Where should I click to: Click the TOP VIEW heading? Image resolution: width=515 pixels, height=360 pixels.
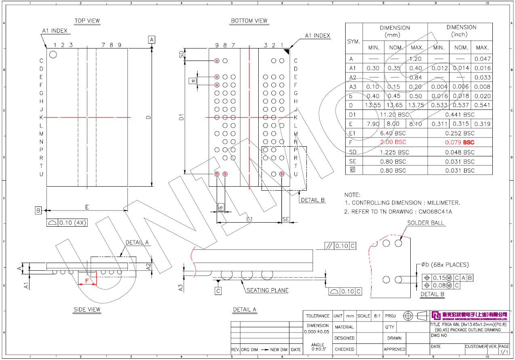87,21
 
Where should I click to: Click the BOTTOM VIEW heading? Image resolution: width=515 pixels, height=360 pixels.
249,21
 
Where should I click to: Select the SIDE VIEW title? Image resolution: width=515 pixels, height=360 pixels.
87,310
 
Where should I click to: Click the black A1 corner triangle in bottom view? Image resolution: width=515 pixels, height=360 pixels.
287,51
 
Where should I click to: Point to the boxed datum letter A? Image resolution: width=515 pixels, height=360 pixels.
152,40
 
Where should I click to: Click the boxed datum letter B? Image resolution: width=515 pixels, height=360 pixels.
38,211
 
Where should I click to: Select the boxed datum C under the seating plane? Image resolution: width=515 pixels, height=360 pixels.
218,291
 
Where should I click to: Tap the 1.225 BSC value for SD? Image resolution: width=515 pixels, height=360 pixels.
395,152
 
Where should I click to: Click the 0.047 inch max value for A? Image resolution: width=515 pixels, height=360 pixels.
483,59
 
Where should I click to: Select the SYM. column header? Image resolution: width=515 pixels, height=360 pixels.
354,42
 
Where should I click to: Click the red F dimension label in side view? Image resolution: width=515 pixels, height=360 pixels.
87,280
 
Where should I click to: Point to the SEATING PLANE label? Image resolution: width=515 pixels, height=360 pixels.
267,290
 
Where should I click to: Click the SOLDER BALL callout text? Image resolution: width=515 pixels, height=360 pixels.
425,223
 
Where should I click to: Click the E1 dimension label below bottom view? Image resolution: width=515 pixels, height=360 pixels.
249,219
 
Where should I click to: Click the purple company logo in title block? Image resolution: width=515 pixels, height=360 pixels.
436,315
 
